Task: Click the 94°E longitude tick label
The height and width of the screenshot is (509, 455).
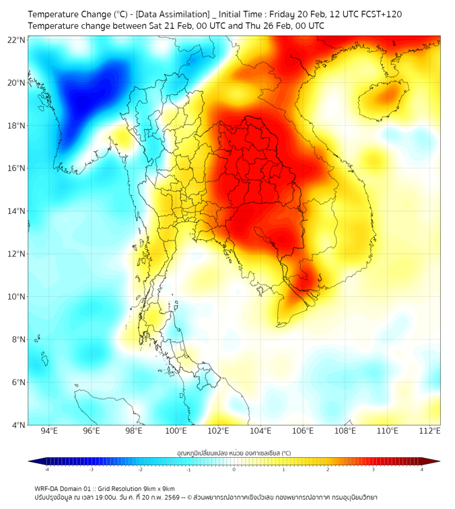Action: coord(49,431)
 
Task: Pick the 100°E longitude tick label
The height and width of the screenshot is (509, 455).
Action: coord(176,431)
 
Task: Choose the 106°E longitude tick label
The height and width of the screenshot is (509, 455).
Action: coord(304,431)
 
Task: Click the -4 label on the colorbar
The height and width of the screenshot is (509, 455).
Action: coord(46,469)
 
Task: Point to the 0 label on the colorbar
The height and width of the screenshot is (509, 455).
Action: coord(234,469)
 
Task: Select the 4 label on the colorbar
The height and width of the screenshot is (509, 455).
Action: coord(421,469)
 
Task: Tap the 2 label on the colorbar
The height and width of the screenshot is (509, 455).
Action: coord(328,469)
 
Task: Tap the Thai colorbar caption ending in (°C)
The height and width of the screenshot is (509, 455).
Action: coord(234,452)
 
